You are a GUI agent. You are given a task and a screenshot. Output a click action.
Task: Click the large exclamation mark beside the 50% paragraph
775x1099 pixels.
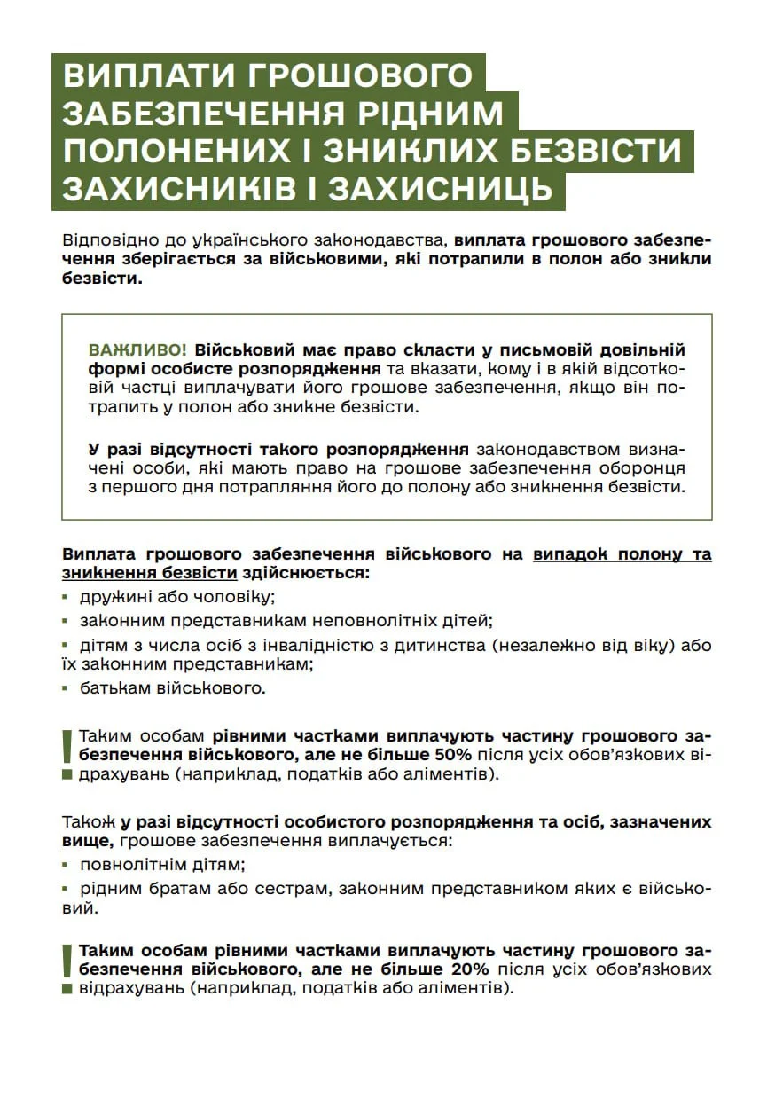click(67, 747)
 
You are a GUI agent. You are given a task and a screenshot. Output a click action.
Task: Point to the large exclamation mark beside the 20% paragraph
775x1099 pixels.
click(67, 961)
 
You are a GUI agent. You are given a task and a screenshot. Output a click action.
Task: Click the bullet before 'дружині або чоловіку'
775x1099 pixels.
click(66, 598)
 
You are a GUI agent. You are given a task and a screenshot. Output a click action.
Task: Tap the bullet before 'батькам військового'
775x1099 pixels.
click(66, 687)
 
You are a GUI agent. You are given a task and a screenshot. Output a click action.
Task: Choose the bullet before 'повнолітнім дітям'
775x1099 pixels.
click(66, 864)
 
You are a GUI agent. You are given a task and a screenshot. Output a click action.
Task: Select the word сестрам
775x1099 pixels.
click(284, 889)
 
